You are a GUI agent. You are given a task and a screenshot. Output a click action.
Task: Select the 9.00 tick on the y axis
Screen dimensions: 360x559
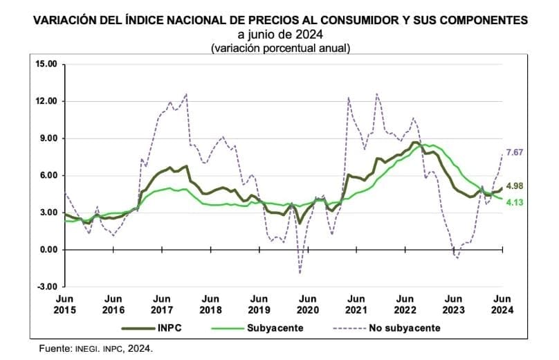point(47,138)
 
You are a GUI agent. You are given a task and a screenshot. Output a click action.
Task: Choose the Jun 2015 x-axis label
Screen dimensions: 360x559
point(64,305)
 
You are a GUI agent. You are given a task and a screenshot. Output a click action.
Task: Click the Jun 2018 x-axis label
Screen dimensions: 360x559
point(210,305)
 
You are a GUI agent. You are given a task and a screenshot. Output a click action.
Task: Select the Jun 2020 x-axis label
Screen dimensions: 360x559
point(308,305)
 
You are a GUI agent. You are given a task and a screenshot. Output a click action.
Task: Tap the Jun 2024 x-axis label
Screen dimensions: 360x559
point(502,305)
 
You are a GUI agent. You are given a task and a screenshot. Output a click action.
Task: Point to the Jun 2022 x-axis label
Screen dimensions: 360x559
point(405,305)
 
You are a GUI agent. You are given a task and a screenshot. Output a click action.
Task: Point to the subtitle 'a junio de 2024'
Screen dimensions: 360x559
point(280,35)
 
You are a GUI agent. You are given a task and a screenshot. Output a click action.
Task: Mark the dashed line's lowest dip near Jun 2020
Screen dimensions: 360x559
point(300,273)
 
